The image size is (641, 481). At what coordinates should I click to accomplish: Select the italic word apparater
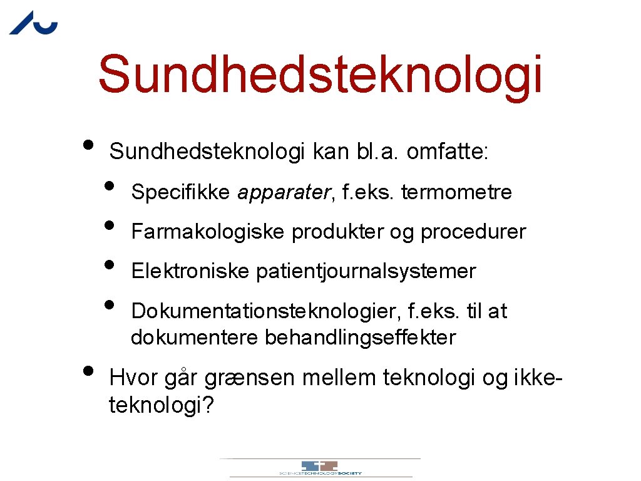click(283, 193)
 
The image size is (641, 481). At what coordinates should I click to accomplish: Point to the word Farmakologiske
click(209, 232)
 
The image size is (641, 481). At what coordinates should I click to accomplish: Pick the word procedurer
click(473, 232)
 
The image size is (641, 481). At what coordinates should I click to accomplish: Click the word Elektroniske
click(190, 272)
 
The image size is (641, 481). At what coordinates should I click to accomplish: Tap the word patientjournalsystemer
click(366, 272)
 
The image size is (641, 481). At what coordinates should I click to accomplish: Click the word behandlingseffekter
click(361, 338)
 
